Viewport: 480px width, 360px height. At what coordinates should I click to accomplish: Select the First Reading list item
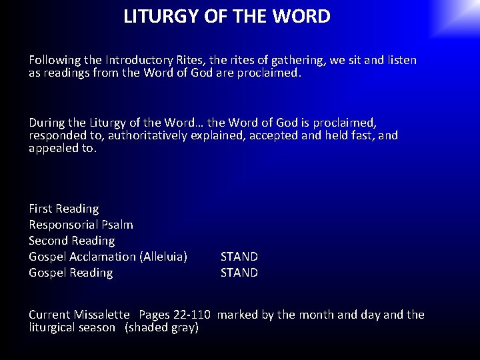pos(64,209)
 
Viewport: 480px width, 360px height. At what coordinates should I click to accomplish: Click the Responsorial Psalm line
pos(81,225)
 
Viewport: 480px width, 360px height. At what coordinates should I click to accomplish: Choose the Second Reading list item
pos(72,241)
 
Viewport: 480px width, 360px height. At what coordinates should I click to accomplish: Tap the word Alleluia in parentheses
pos(163,257)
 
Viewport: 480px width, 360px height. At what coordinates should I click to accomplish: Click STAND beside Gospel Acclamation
pos(239,257)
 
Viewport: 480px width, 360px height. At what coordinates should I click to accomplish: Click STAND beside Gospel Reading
pos(239,273)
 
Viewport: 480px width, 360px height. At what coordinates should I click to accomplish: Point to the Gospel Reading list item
pos(71,273)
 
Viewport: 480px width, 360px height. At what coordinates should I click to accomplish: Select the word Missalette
pos(102,315)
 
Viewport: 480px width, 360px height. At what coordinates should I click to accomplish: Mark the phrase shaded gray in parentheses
pos(163,327)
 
